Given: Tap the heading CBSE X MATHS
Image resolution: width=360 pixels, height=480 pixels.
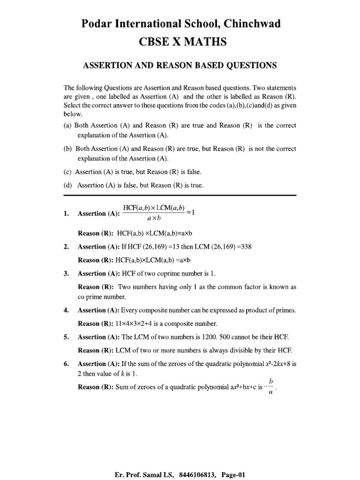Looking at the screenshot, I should click(180, 42).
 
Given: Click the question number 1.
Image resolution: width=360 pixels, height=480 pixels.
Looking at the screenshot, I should click(66, 214).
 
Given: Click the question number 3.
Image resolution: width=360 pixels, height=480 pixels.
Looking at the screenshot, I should click(66, 274).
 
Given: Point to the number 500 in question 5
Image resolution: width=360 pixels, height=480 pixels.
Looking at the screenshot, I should click(241, 337).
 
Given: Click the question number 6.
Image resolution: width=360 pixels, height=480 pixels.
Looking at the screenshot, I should click(66, 364).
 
